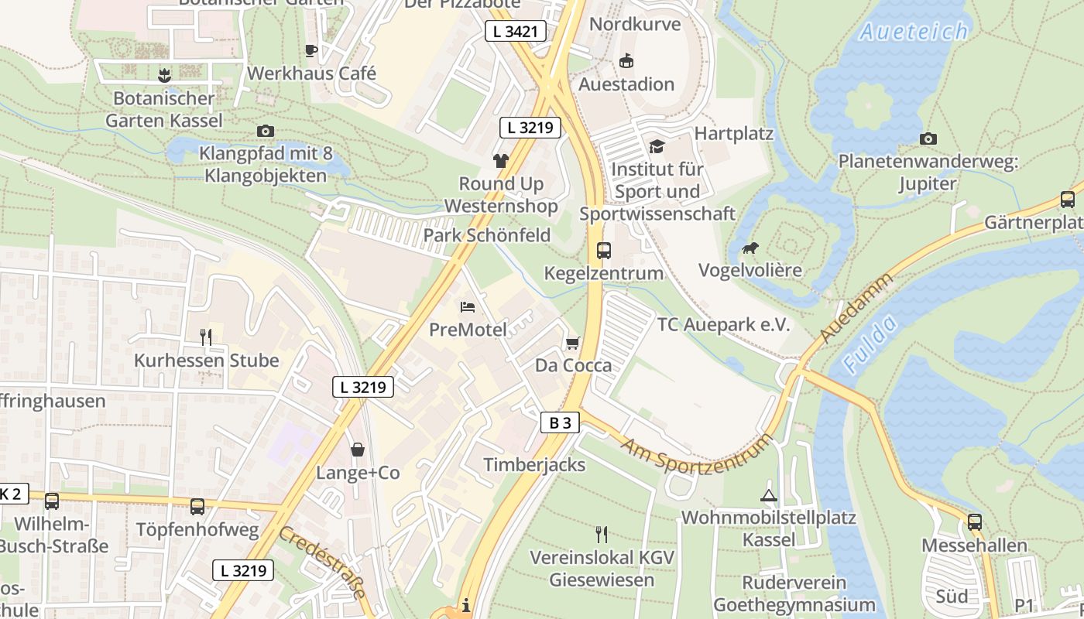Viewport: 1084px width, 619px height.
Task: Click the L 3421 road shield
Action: pyautogui.click(x=516, y=32)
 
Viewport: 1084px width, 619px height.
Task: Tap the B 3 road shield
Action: pyautogui.click(x=560, y=422)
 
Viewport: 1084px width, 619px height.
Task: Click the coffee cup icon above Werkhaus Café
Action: pyautogui.click(x=311, y=51)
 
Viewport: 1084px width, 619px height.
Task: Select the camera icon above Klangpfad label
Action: pyautogui.click(x=266, y=131)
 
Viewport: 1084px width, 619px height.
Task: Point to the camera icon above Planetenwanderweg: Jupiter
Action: pyautogui.click(x=928, y=139)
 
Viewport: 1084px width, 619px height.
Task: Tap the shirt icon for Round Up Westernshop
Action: pyautogui.click(x=501, y=161)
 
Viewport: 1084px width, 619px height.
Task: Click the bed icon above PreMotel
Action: pyautogui.click(x=468, y=307)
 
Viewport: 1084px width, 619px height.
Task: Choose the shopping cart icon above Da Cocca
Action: pyautogui.click(x=573, y=343)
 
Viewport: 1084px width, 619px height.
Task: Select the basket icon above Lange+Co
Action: pyautogui.click(x=358, y=450)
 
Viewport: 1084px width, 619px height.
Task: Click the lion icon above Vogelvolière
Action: pyautogui.click(x=750, y=248)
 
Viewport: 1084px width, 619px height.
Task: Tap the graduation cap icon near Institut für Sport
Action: pyautogui.click(x=657, y=146)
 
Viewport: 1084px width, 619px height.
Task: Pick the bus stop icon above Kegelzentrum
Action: pyautogui.click(x=604, y=251)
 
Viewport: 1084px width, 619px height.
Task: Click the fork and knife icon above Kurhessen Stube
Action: pyautogui.click(x=206, y=337)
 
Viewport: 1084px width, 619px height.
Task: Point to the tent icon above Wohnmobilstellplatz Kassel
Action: pyautogui.click(x=768, y=495)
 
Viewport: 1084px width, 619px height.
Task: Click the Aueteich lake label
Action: pyautogui.click(x=914, y=32)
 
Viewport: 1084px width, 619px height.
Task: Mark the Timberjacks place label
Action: pyautogui.click(x=534, y=464)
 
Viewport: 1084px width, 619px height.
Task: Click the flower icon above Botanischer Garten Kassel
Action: pyautogui.click(x=163, y=76)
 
